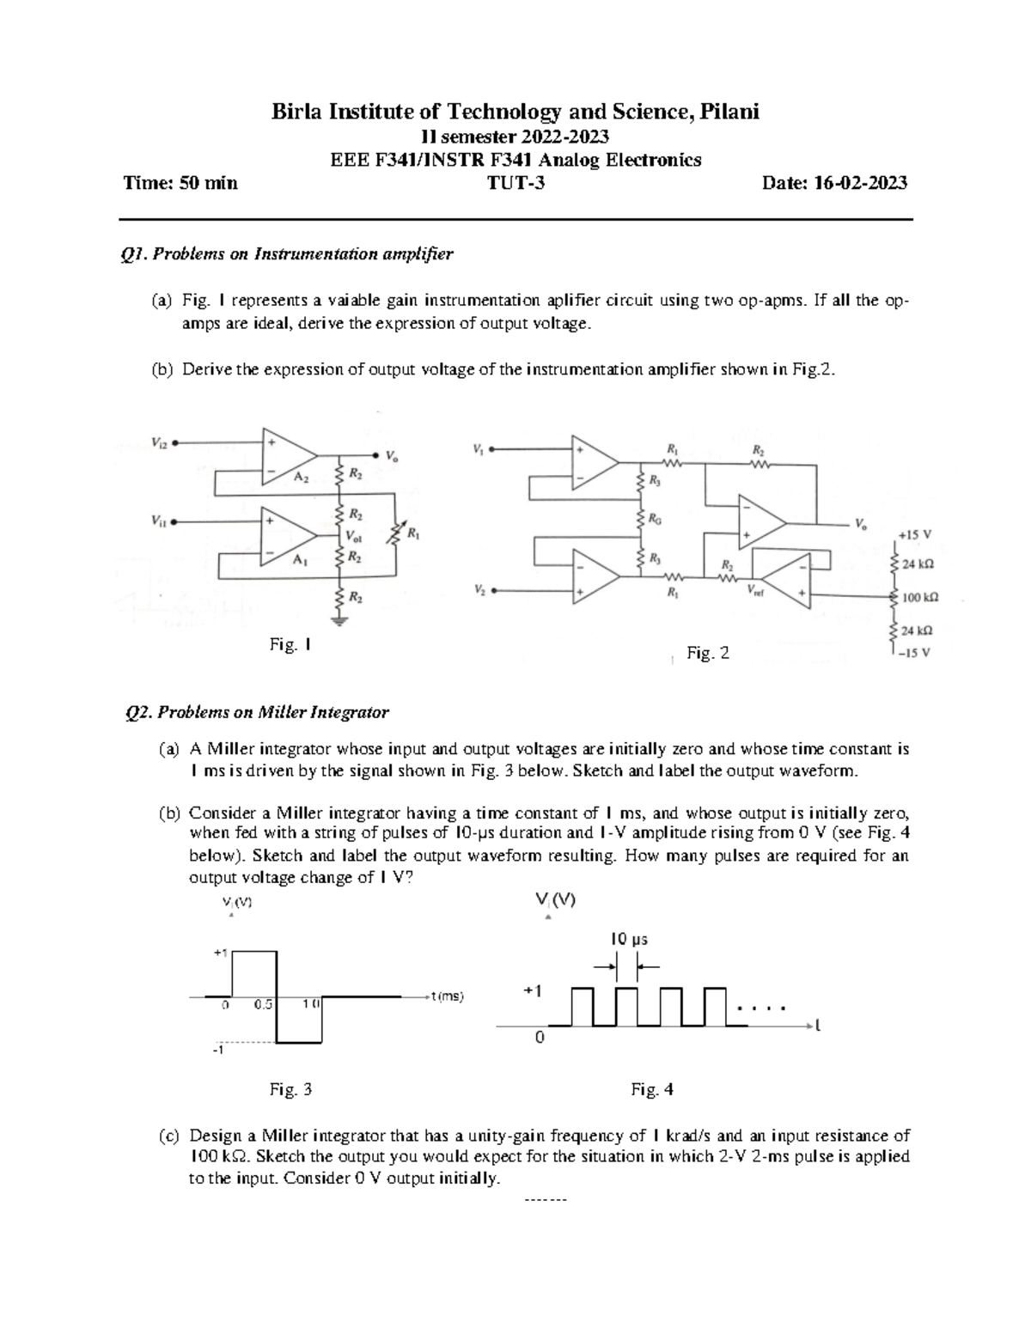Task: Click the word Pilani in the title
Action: click(729, 111)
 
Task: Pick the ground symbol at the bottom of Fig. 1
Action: click(341, 621)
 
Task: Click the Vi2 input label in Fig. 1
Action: click(159, 443)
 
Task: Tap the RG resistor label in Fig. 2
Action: click(655, 520)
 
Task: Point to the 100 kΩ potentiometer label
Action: click(920, 596)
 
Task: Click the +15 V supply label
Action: click(914, 533)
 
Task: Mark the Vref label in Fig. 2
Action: click(757, 590)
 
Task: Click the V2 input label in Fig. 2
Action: click(479, 590)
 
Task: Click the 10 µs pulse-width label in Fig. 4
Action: click(628, 939)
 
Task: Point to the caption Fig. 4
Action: click(652, 1090)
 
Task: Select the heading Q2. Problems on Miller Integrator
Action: click(257, 712)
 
